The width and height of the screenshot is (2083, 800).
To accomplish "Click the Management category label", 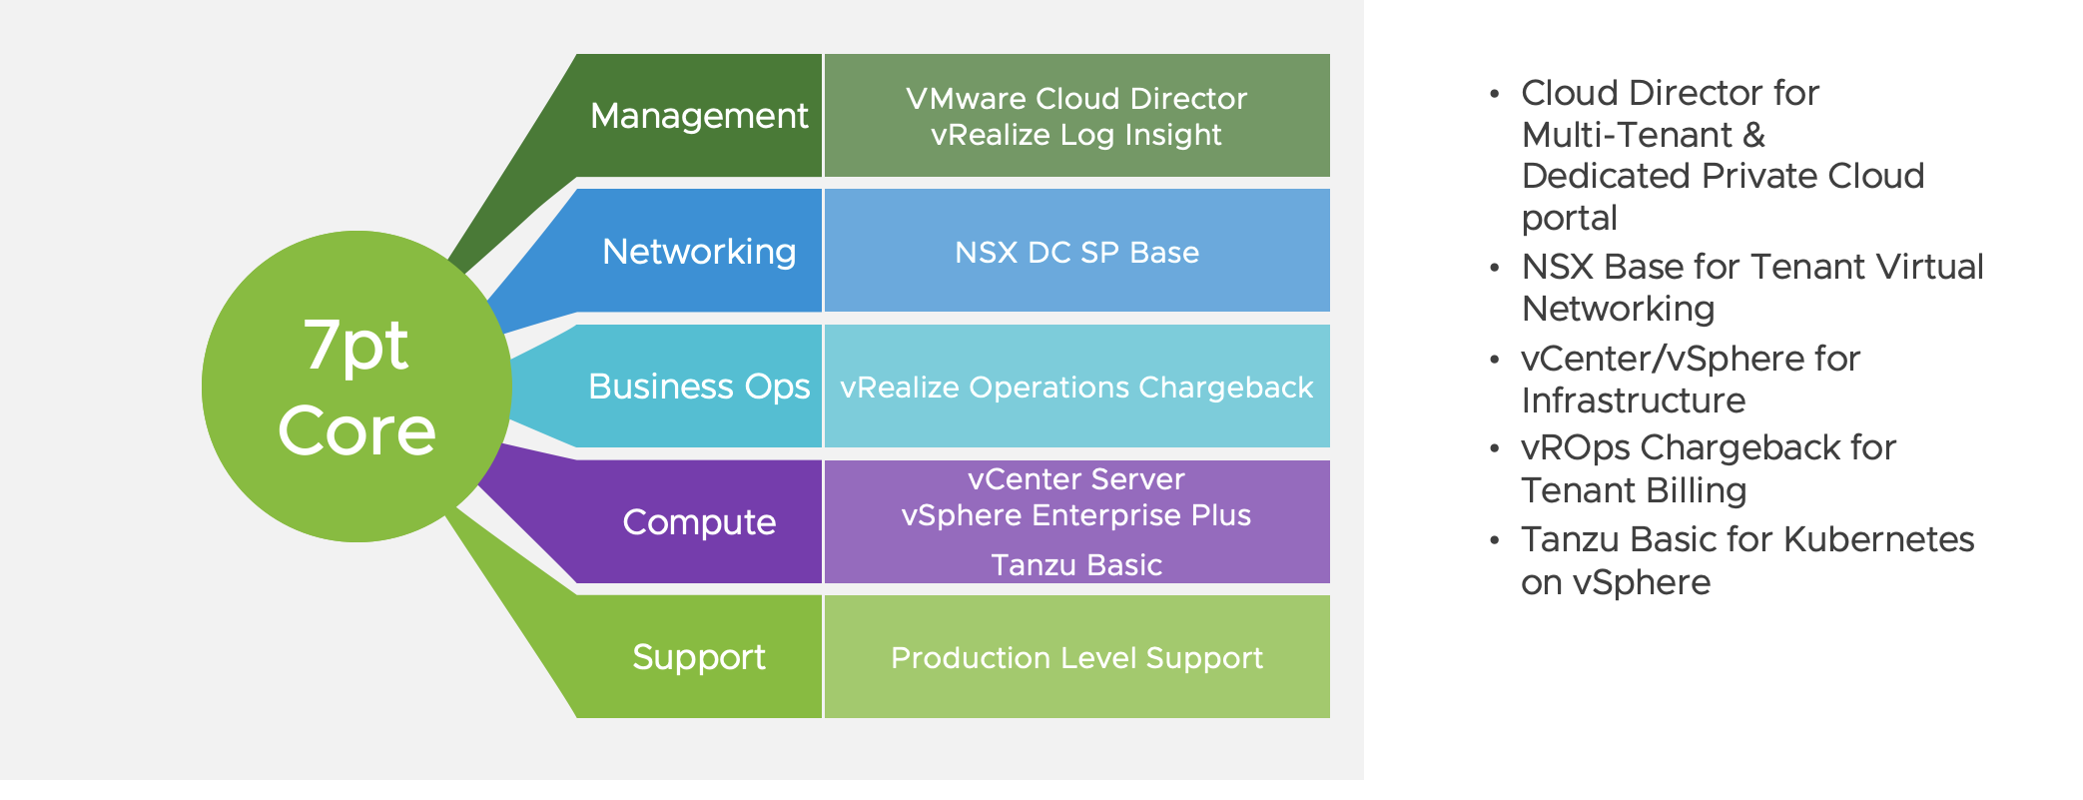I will (698, 116).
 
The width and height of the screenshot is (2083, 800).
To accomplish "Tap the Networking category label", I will (699, 252).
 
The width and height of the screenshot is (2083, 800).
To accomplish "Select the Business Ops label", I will (698, 387).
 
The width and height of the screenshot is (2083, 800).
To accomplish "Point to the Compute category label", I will (699, 522).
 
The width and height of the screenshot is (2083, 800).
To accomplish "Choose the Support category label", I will (698, 657).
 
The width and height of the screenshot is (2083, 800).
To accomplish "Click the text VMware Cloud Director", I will (1076, 98).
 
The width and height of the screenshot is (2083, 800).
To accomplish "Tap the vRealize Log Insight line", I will (1076, 135).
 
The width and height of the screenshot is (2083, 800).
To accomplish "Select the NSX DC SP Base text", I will (1076, 253).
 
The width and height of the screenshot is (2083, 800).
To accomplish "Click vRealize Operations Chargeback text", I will (1076, 388).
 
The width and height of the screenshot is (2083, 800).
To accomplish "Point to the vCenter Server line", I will (1076, 479).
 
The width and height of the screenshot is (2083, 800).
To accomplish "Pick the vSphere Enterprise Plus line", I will (1076, 515).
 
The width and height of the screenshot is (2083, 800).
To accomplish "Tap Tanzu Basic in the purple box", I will (1076, 565).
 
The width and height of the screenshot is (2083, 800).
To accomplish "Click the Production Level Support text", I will (1076, 658).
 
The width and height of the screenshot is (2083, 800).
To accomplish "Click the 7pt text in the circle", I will (355, 346).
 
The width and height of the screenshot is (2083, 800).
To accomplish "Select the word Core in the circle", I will (356, 430).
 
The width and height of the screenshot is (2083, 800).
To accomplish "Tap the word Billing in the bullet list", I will (1697, 490).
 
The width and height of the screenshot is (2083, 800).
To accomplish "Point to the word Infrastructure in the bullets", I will (1634, 400).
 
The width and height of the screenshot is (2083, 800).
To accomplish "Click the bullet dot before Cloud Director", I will (1494, 95).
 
